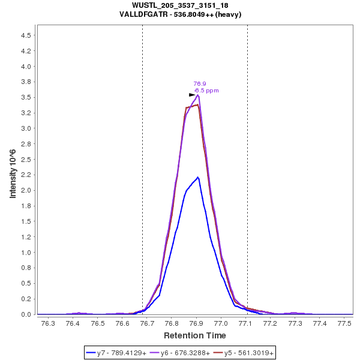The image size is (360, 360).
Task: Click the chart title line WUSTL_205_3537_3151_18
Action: click(x=180, y=5)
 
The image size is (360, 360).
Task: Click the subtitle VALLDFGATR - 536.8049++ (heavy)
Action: click(x=180, y=14)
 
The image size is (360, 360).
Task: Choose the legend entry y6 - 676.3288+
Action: click(x=185, y=353)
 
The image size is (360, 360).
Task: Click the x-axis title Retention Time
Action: click(x=195, y=335)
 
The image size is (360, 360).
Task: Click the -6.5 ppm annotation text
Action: click(x=206, y=91)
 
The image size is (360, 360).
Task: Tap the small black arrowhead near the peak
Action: click(x=192, y=95)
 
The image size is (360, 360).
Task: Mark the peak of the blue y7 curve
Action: click(x=198, y=177)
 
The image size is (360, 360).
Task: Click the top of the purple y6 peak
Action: click(x=198, y=95)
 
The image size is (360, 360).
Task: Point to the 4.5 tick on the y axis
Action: click(x=26, y=35)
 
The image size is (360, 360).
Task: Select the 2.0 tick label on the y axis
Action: click(x=26, y=190)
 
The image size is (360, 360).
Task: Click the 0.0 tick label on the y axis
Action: click(x=26, y=314)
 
